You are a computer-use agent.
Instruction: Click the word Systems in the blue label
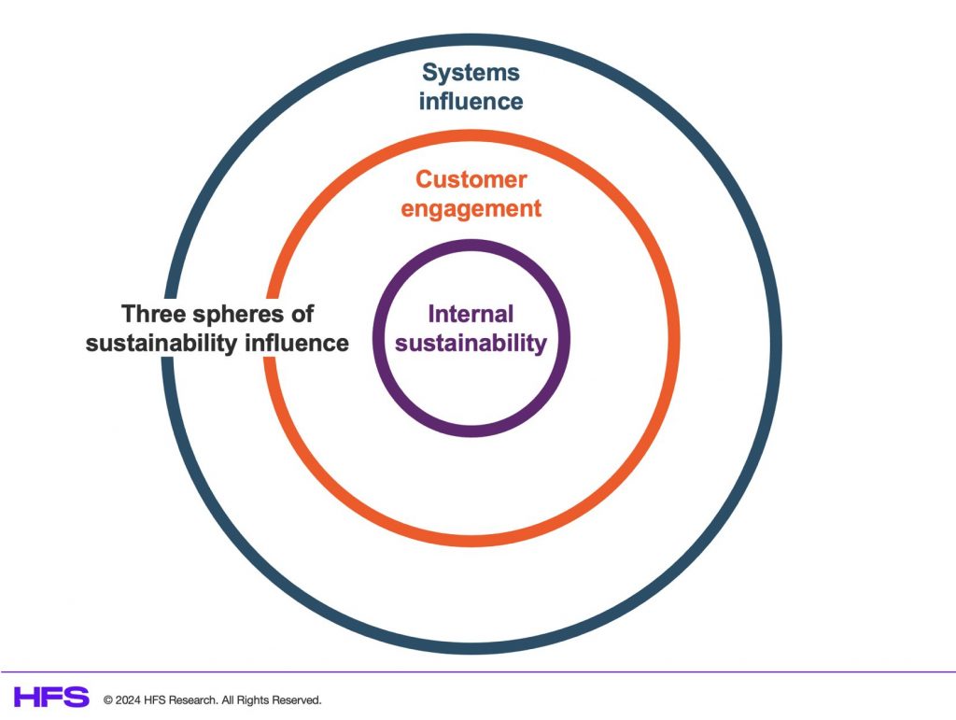pyautogui.click(x=471, y=73)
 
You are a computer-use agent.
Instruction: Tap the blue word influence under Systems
pyautogui.click(x=471, y=101)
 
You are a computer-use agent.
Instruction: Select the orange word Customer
pyautogui.click(x=471, y=179)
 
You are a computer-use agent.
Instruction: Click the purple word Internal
pyautogui.click(x=471, y=314)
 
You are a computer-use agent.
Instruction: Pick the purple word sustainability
pyautogui.click(x=471, y=344)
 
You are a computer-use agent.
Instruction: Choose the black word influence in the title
pyautogui.click(x=297, y=344)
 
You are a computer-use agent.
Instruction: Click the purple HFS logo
pyautogui.click(x=51, y=697)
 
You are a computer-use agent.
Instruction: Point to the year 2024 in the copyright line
pyautogui.click(x=128, y=699)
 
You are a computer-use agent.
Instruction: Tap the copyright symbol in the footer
pyautogui.click(x=108, y=699)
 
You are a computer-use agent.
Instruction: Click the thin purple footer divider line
pyautogui.click(x=478, y=671)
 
